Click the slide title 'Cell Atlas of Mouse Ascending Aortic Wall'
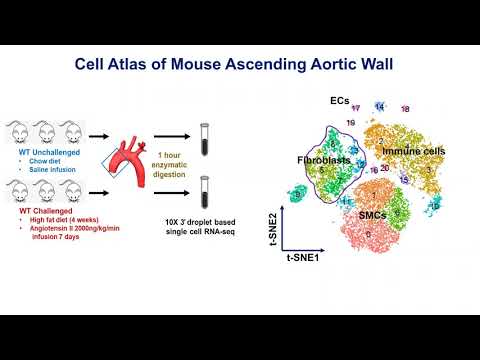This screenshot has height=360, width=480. tap(240, 65)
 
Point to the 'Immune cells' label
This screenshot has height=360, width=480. tap(411, 151)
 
